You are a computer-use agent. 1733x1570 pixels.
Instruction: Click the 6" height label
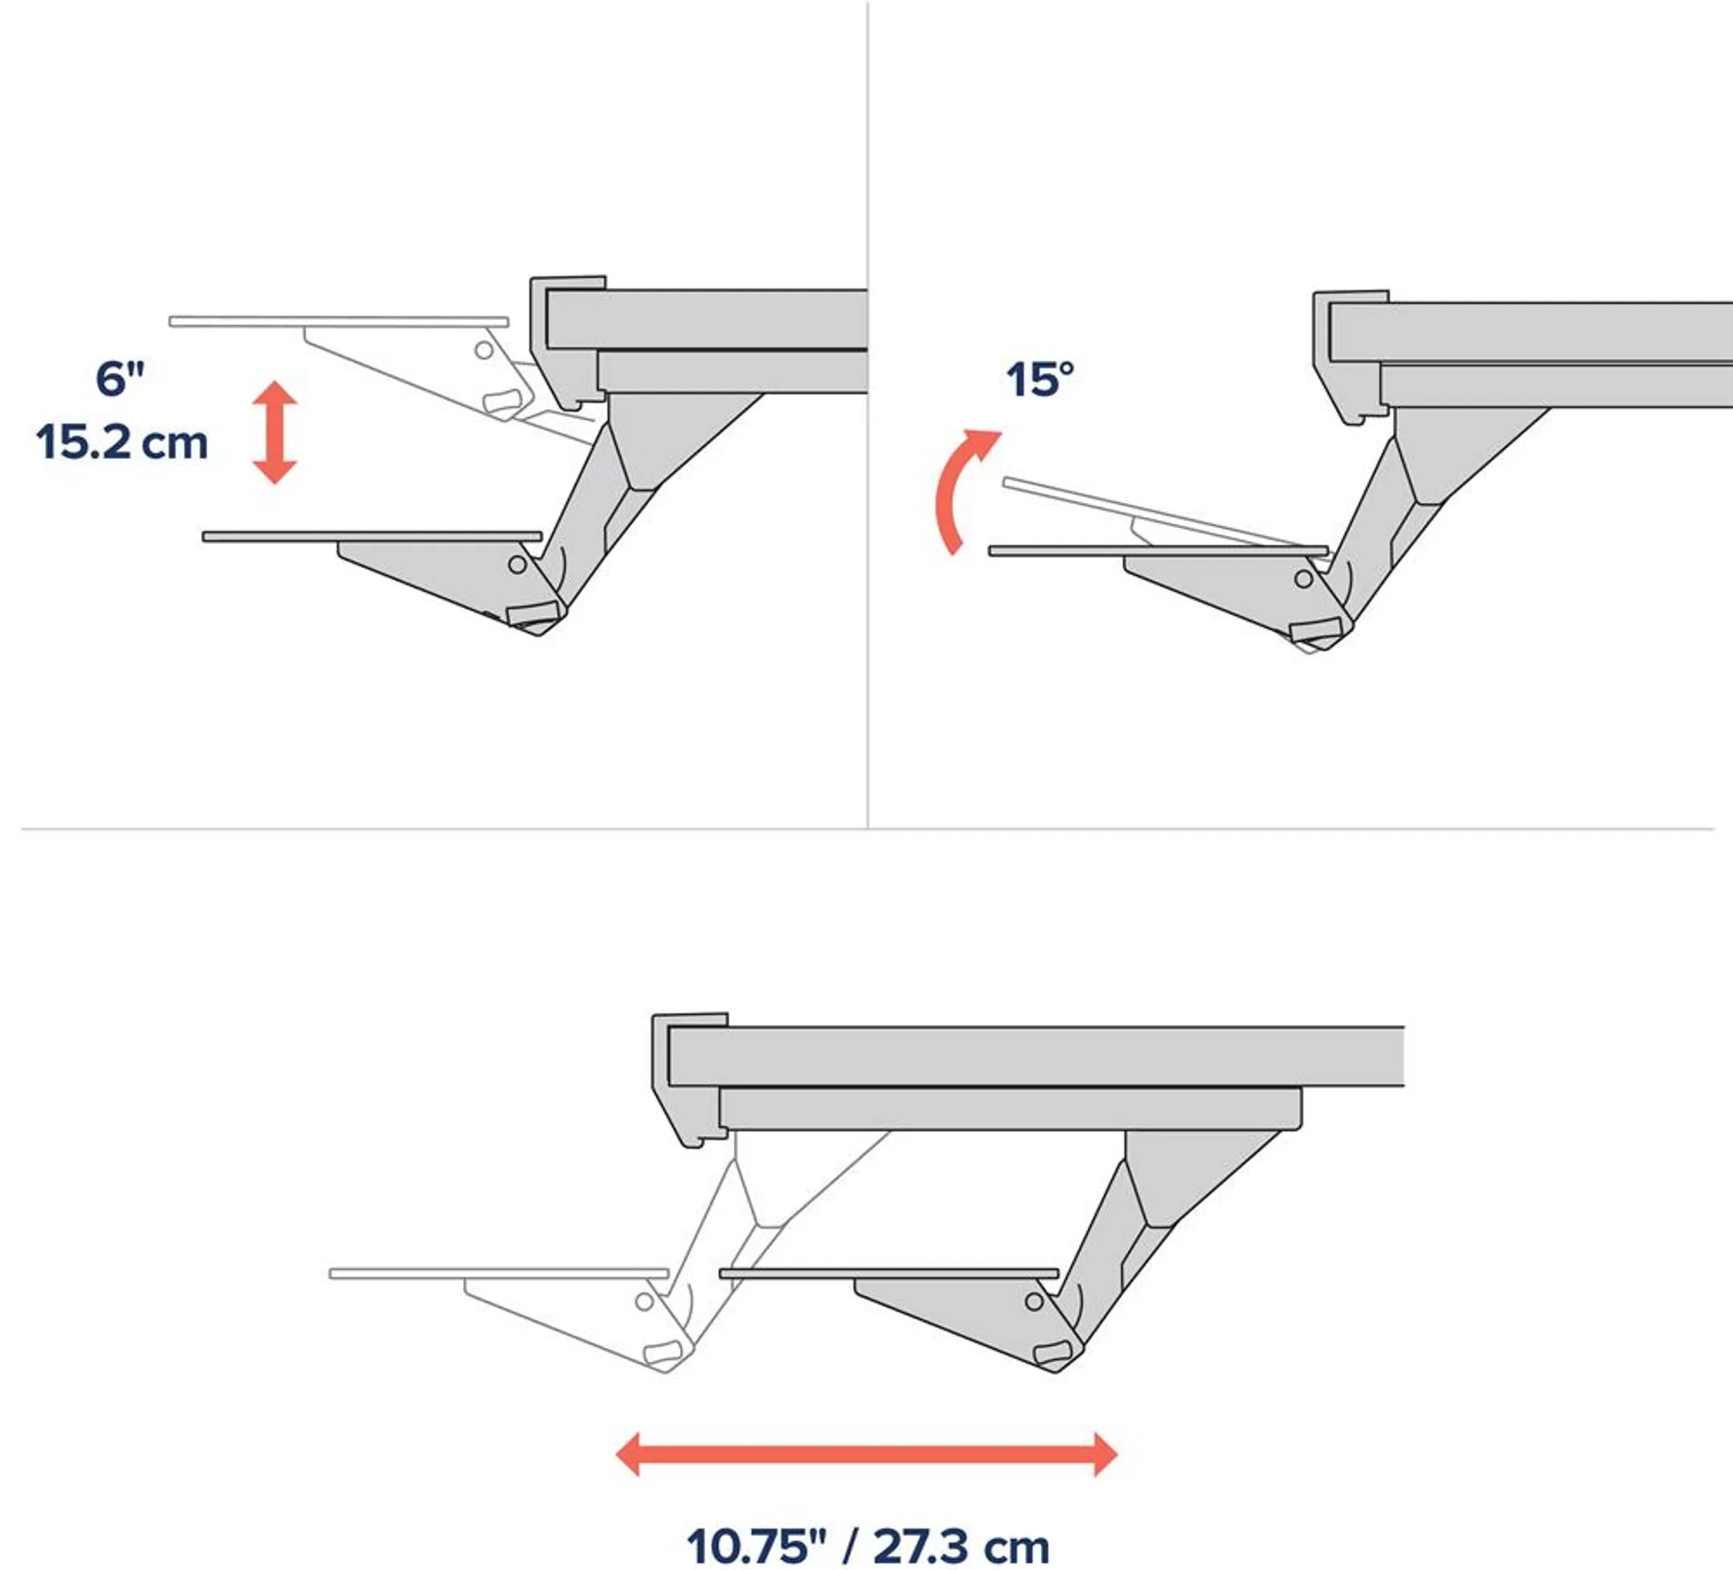[x=120, y=379]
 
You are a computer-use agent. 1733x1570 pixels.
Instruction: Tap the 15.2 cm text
[x=122, y=444]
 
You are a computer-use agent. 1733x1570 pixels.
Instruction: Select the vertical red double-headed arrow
[x=274, y=432]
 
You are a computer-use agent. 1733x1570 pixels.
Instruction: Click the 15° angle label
[x=1039, y=379]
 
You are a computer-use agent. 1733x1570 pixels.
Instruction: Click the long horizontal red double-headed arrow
[x=866, y=1454]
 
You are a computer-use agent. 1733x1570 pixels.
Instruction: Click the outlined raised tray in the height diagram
[x=338, y=322]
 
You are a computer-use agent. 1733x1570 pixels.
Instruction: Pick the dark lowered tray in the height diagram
[x=371, y=536]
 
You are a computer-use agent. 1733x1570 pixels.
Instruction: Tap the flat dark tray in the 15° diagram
[x=1157, y=551]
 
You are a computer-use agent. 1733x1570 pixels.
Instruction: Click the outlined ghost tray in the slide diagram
[x=498, y=1273]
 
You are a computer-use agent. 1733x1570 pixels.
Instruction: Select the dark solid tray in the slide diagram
[x=889, y=1273]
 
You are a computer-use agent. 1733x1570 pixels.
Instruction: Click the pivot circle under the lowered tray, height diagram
[x=517, y=565]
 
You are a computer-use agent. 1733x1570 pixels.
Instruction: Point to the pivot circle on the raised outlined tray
[x=484, y=350]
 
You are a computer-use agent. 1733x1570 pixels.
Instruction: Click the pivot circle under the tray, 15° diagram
[x=1304, y=578]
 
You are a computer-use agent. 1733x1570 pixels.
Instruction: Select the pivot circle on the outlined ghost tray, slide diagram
[x=643, y=1302]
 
